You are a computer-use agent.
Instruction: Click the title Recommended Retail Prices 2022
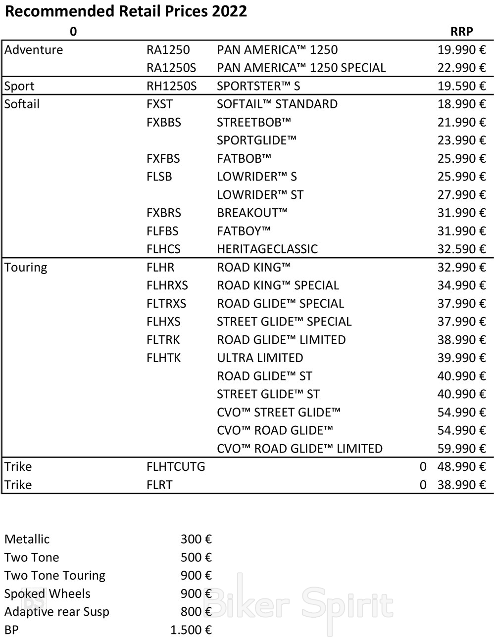[x=126, y=11]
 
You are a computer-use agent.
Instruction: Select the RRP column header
[x=461, y=32]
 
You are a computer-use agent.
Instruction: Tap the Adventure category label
[x=34, y=50]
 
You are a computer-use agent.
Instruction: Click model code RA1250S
[x=171, y=68]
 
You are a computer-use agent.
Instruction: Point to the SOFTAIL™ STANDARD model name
[x=277, y=104]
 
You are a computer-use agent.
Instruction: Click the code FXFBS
[x=163, y=159]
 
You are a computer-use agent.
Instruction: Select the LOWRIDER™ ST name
[x=260, y=195]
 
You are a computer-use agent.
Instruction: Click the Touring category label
[x=26, y=268]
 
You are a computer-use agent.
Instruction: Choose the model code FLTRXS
[x=166, y=304]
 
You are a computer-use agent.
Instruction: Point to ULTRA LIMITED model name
[x=260, y=358]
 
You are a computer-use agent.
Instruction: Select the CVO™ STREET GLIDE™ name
[x=279, y=412]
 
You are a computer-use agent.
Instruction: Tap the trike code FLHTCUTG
[x=176, y=467]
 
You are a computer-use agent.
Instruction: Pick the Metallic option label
[x=27, y=539]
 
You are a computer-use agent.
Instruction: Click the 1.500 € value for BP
[x=191, y=630]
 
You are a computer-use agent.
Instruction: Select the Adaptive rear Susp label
[x=57, y=612]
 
